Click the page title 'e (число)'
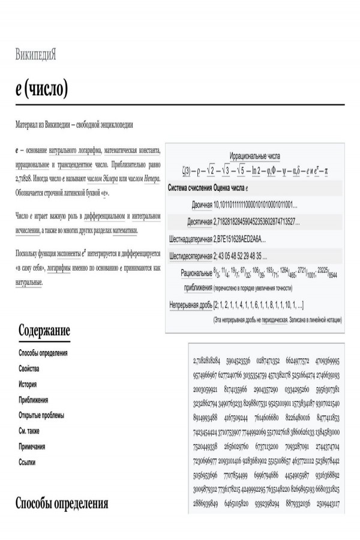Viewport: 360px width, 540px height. [41, 89]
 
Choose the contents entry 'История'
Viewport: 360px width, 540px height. [28, 384]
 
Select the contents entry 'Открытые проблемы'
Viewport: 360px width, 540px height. [41, 415]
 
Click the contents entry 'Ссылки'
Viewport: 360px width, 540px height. [27, 462]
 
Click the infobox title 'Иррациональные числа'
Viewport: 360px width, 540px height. [254, 155]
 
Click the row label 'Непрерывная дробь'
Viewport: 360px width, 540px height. [191, 305]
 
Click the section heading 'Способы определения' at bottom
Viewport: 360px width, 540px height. [62, 503]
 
